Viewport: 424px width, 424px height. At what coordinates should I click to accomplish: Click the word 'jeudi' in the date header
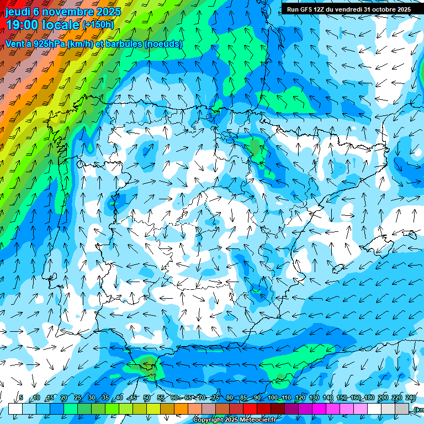18,11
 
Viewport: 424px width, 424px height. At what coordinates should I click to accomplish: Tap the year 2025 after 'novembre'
109,11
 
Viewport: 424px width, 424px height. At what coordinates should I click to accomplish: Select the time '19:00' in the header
22,25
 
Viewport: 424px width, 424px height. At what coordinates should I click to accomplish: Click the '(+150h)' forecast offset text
98,25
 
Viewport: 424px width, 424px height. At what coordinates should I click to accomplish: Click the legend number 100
273,397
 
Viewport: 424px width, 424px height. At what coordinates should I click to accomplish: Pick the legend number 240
411,397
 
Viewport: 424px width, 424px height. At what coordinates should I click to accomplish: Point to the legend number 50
147,397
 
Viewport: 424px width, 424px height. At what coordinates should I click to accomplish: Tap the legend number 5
21,397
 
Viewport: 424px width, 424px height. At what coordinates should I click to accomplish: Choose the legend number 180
369,397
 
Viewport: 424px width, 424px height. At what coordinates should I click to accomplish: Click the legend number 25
78,397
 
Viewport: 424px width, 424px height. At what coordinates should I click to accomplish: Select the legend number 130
314,397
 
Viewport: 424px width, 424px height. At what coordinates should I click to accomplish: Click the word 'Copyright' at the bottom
208,420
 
